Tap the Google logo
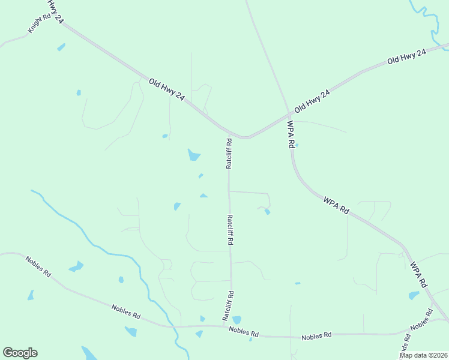(20, 353)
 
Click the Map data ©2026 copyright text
(423, 355)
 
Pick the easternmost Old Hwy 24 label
(406, 57)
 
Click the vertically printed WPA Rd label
(291, 134)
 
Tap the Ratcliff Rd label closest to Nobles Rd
(229, 306)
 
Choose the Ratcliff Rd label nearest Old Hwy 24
(229, 154)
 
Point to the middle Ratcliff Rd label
(229, 230)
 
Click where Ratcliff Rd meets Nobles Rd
(231, 328)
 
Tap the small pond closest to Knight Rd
(61, 47)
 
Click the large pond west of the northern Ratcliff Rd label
(193, 155)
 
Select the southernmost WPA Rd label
(419, 274)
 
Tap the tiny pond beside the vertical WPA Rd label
(297, 145)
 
